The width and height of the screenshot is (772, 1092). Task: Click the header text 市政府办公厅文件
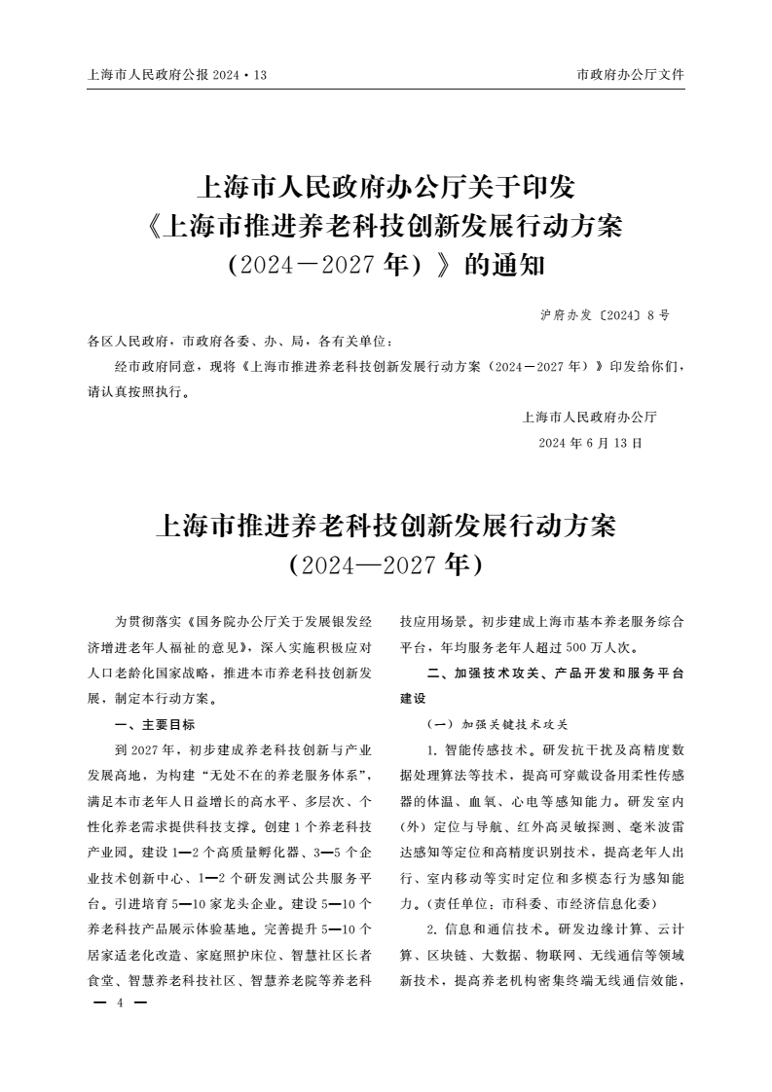click(x=630, y=74)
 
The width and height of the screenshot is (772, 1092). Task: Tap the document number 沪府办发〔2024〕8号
click(x=604, y=316)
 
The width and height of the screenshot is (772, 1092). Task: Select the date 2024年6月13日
click(x=591, y=442)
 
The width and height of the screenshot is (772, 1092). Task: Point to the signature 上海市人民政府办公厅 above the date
click(x=590, y=418)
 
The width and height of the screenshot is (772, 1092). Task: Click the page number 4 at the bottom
click(x=118, y=1002)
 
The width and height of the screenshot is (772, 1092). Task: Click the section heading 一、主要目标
click(x=155, y=724)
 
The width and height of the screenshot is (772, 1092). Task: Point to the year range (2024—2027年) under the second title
click(x=386, y=564)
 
